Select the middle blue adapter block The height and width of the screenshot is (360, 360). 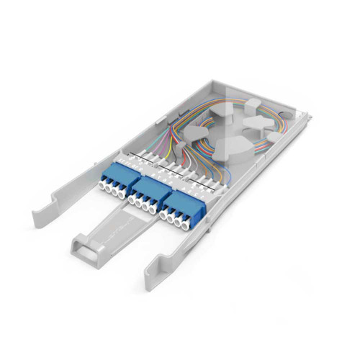145,191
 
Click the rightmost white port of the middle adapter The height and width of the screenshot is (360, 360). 157,208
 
